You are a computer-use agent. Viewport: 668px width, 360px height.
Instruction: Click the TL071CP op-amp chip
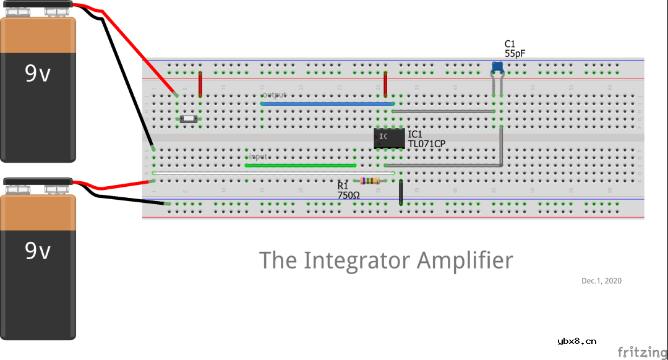pyautogui.click(x=390, y=138)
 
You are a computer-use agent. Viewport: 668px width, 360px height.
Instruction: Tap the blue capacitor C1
pyautogui.click(x=497, y=67)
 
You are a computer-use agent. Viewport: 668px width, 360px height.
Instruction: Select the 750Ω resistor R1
pyautogui.click(x=370, y=181)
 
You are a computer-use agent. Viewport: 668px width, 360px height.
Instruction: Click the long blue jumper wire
pyautogui.click(x=328, y=103)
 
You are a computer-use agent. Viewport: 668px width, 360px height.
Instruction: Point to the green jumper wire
pyautogui.click(x=301, y=165)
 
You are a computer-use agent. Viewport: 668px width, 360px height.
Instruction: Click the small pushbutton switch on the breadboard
pyautogui.click(x=188, y=119)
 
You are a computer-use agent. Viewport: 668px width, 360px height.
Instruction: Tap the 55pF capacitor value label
pyautogui.click(x=515, y=54)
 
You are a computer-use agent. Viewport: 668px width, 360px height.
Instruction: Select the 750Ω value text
pyautogui.click(x=348, y=195)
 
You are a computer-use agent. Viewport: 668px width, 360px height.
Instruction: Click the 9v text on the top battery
pyautogui.click(x=38, y=74)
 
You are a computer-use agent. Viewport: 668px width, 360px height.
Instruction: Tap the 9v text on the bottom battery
pyautogui.click(x=38, y=251)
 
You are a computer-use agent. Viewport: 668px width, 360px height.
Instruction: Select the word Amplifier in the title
pyautogui.click(x=465, y=260)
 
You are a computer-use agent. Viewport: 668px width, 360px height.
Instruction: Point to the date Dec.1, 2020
pyautogui.click(x=601, y=281)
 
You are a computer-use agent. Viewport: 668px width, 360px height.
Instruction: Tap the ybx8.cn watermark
pyautogui.click(x=576, y=340)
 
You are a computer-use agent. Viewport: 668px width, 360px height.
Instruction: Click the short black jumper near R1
pyautogui.click(x=401, y=192)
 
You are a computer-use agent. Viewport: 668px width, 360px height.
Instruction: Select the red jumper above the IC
pyautogui.click(x=385, y=84)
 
